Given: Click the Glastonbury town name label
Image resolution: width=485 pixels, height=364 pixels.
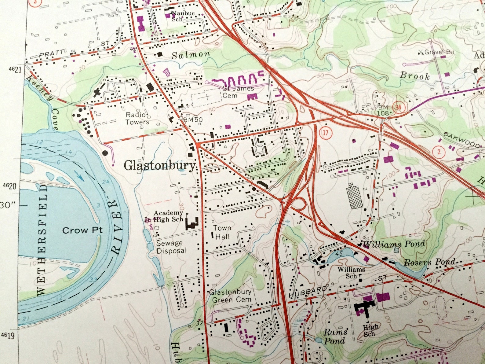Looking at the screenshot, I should click(x=159, y=165).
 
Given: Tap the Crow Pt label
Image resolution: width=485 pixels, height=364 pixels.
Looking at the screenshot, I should click(x=82, y=230).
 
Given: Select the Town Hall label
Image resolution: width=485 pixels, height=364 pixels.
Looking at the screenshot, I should click(x=222, y=232).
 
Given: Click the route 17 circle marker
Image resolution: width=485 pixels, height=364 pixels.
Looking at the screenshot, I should click(x=326, y=133).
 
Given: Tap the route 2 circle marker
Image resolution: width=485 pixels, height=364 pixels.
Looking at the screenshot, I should click(x=439, y=152).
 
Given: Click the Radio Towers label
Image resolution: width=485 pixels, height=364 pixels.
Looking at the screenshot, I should click(x=137, y=118).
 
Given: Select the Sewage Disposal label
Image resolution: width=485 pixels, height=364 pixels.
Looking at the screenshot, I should click(x=171, y=247).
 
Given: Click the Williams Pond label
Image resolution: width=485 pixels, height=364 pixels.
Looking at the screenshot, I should click(x=394, y=244).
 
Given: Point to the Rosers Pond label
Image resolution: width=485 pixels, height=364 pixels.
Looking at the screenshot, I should click(x=429, y=262).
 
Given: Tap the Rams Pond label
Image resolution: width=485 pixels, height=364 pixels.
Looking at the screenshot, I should click(x=335, y=336).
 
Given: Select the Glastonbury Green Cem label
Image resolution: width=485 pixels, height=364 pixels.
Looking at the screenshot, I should click(x=231, y=296).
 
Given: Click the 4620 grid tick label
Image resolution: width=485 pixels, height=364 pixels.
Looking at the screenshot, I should click(x=9, y=186).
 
